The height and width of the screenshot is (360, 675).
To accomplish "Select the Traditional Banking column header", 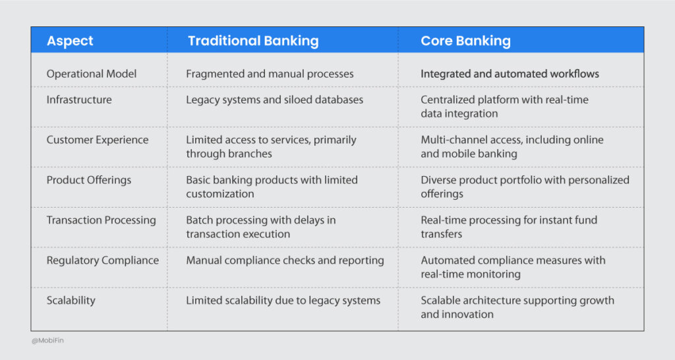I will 253,41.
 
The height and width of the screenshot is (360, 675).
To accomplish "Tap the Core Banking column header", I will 465,41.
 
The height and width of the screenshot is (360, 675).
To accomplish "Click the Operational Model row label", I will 92,74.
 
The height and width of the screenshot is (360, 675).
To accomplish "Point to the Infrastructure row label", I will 79,100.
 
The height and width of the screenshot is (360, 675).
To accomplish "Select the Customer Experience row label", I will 98,140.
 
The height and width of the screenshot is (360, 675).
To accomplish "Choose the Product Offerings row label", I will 89,180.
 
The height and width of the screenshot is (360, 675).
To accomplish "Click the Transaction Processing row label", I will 101,220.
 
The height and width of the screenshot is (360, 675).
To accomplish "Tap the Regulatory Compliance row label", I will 102,260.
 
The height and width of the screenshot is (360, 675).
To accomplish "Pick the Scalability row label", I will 71,301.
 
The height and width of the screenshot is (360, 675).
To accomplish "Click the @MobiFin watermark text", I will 48,341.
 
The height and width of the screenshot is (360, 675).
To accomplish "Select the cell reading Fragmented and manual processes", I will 270,74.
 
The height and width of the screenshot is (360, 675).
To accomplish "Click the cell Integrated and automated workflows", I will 510,74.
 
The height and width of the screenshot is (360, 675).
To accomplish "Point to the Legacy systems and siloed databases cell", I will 274,100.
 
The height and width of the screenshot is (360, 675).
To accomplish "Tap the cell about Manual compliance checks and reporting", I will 285,260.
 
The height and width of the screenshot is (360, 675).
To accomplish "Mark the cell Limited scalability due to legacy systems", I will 283,301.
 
